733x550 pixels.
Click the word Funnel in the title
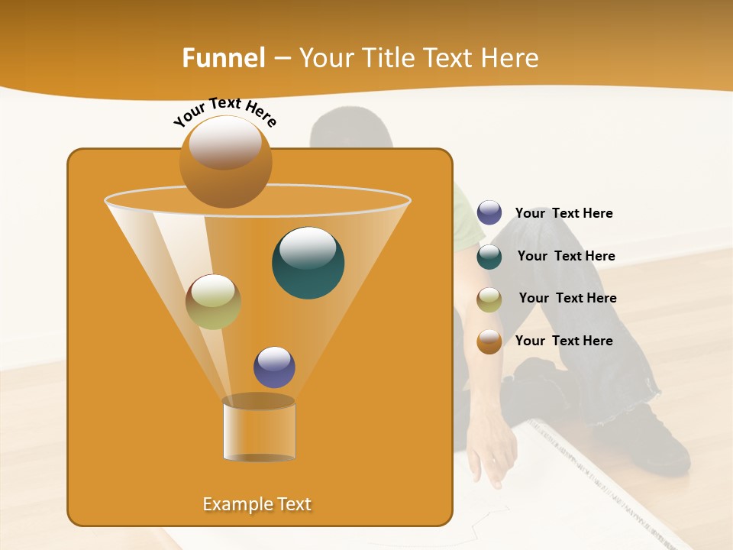pyautogui.click(x=224, y=58)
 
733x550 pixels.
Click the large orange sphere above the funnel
pyautogui.click(x=225, y=162)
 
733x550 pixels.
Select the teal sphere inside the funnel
pyautogui.click(x=308, y=263)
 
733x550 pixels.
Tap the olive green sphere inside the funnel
pyautogui.click(x=213, y=302)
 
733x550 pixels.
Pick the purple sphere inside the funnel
pyautogui.click(x=274, y=367)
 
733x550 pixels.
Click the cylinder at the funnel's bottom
pyautogui.click(x=259, y=429)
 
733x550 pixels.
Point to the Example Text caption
pyautogui.click(x=257, y=504)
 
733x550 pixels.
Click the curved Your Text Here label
pyautogui.click(x=224, y=112)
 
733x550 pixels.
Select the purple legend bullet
pyautogui.click(x=489, y=212)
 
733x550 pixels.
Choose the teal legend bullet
pyautogui.click(x=489, y=257)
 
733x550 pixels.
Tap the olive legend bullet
pyautogui.click(x=489, y=299)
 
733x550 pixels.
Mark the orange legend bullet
pyautogui.click(x=489, y=341)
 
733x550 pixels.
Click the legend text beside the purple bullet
pyautogui.click(x=563, y=213)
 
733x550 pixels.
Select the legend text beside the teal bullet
pyautogui.click(x=566, y=256)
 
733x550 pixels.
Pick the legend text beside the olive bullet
pyautogui.click(x=567, y=298)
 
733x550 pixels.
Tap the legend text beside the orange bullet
pyautogui.click(x=563, y=341)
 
